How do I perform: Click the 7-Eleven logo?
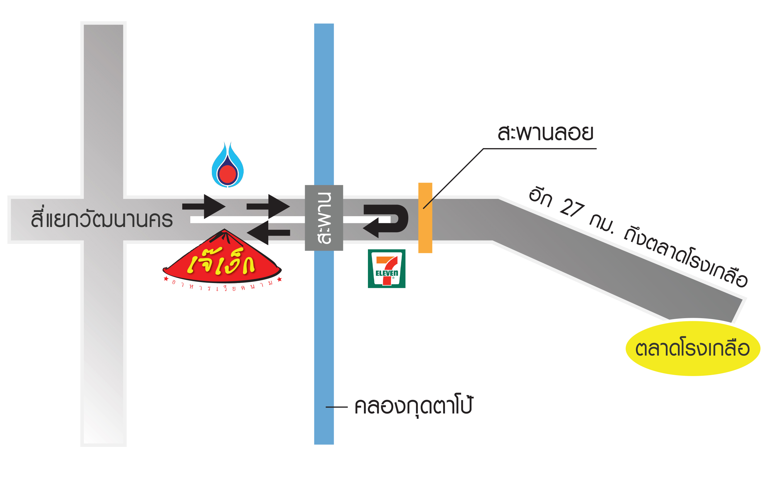pos(386,269)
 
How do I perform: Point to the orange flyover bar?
pos(425,218)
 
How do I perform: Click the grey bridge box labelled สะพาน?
pos(324,218)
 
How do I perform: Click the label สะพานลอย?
pos(545,133)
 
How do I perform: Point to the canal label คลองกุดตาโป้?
pos(414,406)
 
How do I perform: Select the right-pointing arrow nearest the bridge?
pos(268,207)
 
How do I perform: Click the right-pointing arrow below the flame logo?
pos(204,207)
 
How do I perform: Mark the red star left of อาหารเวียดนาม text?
pos(166,278)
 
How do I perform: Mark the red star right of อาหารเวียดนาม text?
pos(279,279)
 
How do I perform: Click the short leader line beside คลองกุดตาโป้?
pos(337,407)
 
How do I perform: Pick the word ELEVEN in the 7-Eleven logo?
pos(386,273)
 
